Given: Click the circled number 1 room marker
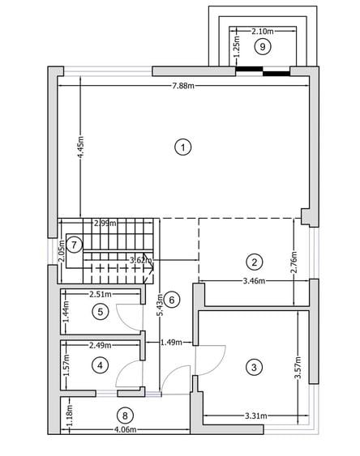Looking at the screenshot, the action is [x=182, y=147].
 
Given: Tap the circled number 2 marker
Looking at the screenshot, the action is [x=254, y=262].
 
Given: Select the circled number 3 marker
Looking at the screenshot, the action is [x=254, y=367].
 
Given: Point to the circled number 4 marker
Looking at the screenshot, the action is [x=100, y=365].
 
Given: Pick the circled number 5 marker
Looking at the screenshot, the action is [x=100, y=312].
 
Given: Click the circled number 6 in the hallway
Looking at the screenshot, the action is [x=172, y=300].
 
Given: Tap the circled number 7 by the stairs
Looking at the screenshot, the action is [x=75, y=245].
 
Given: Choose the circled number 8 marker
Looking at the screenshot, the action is [x=125, y=416].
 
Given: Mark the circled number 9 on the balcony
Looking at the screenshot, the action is [x=263, y=46].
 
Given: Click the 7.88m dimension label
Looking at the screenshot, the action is [x=183, y=86].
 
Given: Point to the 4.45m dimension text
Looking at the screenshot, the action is [x=80, y=147].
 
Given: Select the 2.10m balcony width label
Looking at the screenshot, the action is [x=263, y=31].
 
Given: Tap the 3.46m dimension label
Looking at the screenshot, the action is [x=254, y=281].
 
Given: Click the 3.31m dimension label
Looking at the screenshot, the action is [x=256, y=416].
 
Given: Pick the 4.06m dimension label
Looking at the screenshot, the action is [x=125, y=429].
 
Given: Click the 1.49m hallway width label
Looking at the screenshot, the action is [x=171, y=343].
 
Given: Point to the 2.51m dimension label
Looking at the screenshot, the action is [x=101, y=295].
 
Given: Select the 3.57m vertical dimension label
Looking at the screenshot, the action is [x=298, y=368].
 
